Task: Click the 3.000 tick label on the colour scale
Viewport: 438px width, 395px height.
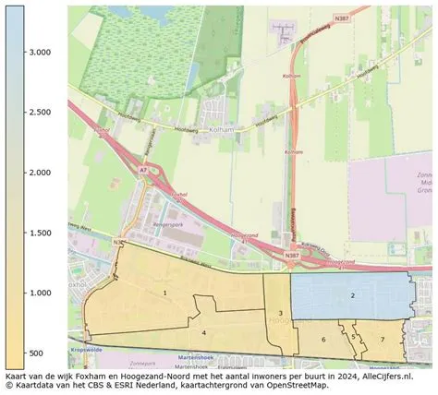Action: tap(40, 53)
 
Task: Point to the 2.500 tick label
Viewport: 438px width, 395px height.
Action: tap(40, 113)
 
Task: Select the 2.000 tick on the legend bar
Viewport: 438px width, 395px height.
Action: tap(40, 173)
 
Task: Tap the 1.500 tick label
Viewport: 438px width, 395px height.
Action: tap(40, 233)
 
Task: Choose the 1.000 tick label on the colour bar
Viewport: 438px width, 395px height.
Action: tap(40, 293)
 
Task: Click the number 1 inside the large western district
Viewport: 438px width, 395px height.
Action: tap(164, 293)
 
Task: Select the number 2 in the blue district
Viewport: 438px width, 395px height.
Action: tap(352, 295)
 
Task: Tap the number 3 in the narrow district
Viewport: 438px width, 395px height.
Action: tap(280, 314)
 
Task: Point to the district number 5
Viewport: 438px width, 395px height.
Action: tap(353, 337)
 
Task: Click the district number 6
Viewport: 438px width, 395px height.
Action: tap(323, 341)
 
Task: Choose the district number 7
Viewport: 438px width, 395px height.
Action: tap(383, 340)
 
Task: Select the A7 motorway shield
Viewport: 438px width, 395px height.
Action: tap(141, 171)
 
